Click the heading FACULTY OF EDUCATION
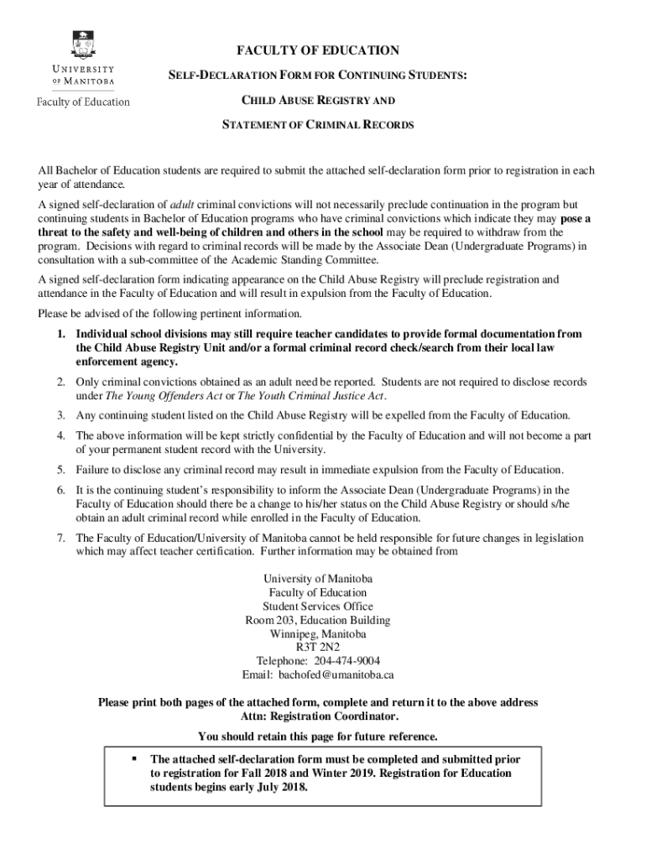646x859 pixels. (317, 50)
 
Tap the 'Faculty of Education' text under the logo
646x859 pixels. (82, 102)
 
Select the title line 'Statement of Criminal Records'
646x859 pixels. (317, 125)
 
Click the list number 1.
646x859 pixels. (61, 334)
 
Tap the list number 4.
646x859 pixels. (61, 435)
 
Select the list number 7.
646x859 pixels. (61, 538)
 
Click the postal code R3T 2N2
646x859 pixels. (318, 647)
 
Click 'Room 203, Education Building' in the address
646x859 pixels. (317, 620)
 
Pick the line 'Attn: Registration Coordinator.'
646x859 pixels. (318, 716)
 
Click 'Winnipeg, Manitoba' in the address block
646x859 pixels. (318, 633)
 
